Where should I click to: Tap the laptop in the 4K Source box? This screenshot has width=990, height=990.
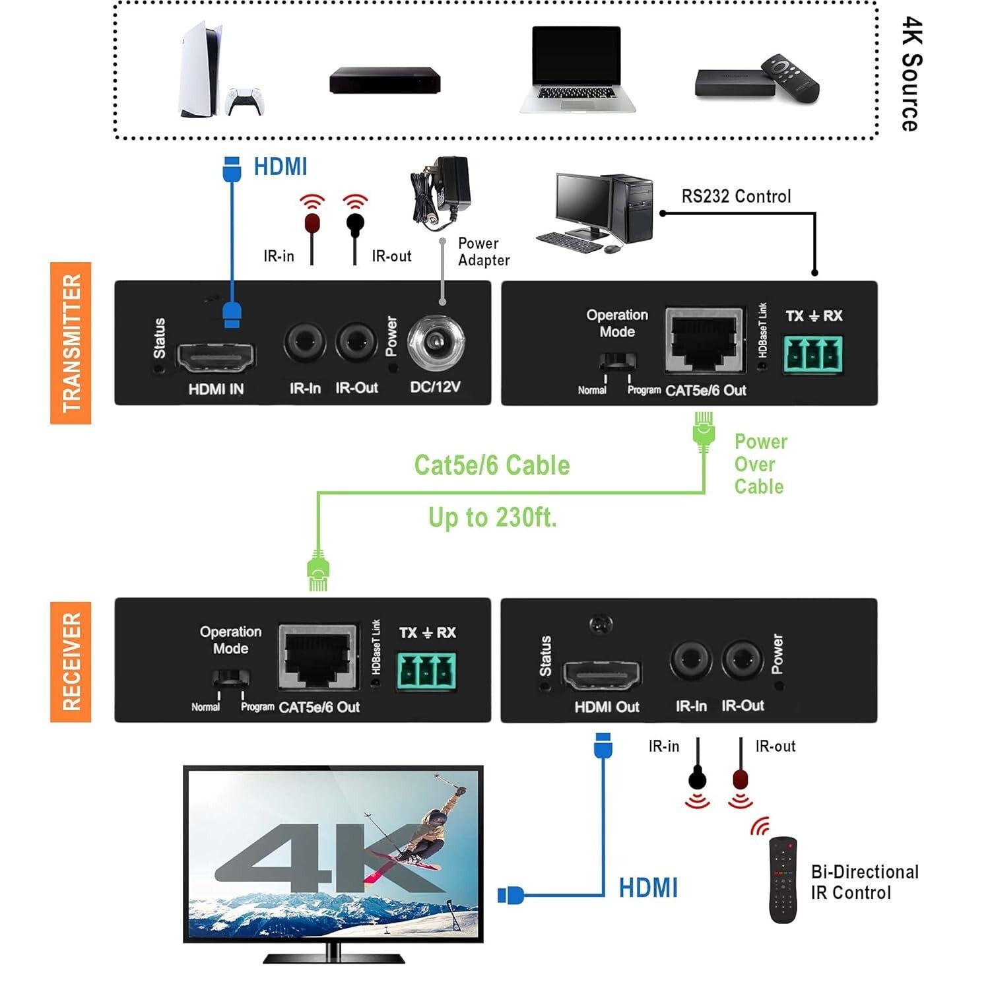click(577, 70)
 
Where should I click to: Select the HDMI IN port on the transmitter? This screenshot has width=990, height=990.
click(216, 358)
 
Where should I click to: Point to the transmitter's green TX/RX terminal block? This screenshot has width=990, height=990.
click(812, 354)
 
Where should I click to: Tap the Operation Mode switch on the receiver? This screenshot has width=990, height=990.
click(230, 678)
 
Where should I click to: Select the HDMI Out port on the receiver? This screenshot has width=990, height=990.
click(601, 675)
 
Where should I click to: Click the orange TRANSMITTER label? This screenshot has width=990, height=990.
click(71, 343)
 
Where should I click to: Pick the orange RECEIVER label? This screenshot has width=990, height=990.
click(71, 661)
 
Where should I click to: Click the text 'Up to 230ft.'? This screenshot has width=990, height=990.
click(492, 517)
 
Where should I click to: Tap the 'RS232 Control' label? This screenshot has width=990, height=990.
click(736, 196)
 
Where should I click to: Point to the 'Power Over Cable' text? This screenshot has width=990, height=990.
click(760, 464)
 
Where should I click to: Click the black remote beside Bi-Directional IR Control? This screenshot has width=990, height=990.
click(783, 880)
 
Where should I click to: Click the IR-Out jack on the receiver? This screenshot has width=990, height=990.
click(742, 659)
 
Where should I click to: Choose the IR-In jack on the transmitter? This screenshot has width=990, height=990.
click(305, 343)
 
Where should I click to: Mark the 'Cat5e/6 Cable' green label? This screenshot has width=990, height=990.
click(492, 465)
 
